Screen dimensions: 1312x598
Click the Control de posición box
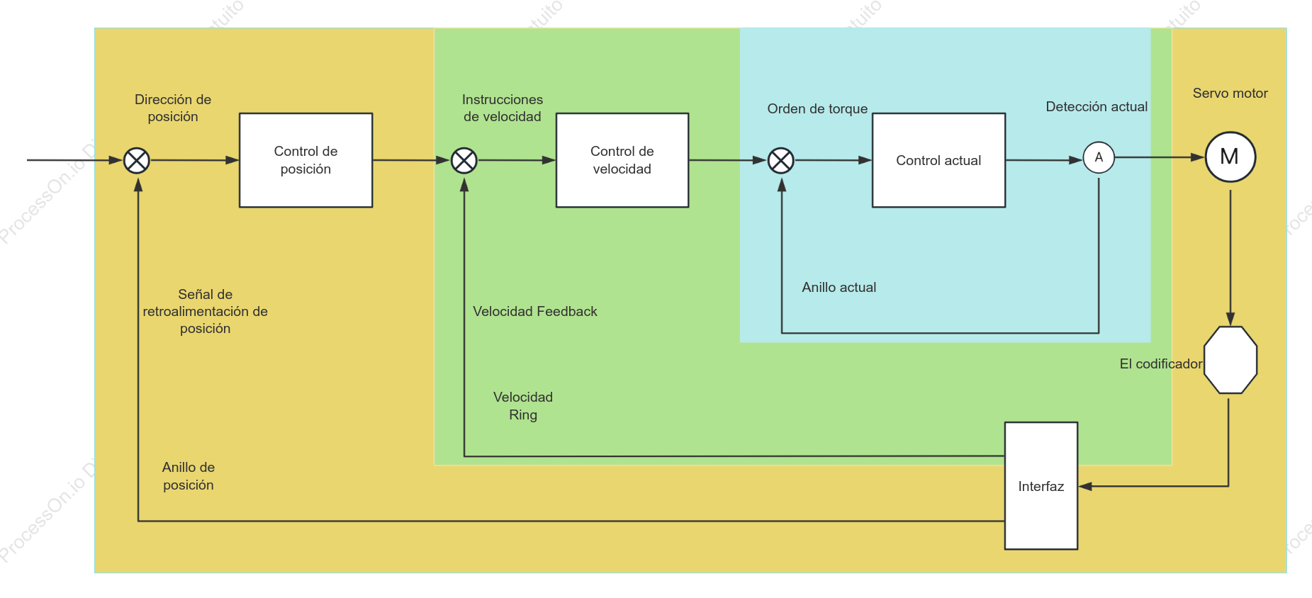click(305, 160)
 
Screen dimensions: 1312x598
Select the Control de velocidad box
click(622, 160)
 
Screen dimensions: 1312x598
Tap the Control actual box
click(938, 160)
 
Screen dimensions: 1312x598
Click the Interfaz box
click(1041, 486)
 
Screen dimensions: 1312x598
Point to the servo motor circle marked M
click(1230, 157)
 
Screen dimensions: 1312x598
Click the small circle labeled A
click(1099, 157)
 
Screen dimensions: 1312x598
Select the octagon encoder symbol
click(1230, 360)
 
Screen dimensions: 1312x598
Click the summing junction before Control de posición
click(137, 161)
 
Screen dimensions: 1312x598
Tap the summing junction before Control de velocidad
click(464, 161)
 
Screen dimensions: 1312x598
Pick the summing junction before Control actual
click(781, 161)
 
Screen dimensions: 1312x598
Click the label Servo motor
click(1230, 93)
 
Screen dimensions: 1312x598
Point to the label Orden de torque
click(817, 108)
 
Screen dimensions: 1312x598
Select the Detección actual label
click(1097, 106)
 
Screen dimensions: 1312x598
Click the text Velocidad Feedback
click(535, 311)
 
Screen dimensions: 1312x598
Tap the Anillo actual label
click(839, 287)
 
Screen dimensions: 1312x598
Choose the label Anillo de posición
click(189, 476)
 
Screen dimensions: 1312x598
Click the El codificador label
click(1161, 363)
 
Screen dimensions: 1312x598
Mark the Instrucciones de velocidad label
click(503, 108)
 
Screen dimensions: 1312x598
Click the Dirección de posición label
click(173, 108)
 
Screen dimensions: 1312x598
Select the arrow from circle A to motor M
click(1160, 157)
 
